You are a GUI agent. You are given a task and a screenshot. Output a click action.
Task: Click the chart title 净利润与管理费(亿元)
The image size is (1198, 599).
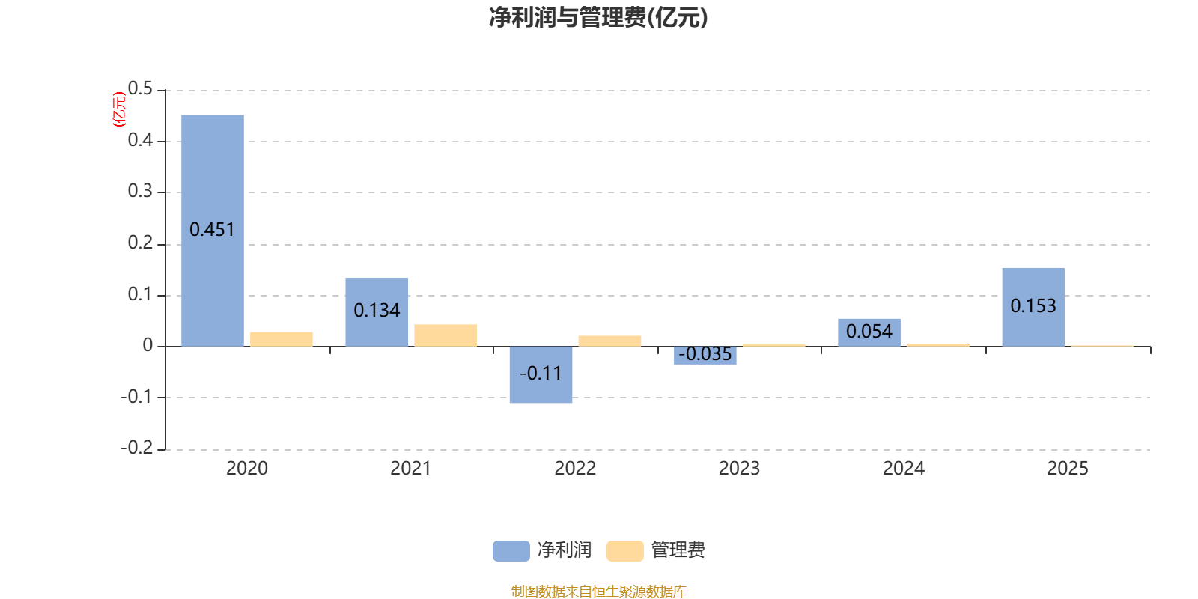(598, 18)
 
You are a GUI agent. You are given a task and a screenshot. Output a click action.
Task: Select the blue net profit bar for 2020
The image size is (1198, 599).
(213, 231)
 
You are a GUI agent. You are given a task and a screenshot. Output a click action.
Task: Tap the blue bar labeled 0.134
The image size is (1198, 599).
(377, 311)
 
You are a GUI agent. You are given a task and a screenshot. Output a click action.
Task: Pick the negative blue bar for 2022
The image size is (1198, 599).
(541, 374)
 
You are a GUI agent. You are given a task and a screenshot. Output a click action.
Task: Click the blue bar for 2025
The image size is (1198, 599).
(1033, 307)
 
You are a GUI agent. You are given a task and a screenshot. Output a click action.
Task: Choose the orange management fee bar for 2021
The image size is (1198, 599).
(446, 335)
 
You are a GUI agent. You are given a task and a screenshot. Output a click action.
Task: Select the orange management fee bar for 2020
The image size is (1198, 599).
(282, 339)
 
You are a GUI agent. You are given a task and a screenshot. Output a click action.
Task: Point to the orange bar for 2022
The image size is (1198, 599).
(609, 341)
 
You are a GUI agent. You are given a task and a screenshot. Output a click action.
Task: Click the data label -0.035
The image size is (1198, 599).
(705, 354)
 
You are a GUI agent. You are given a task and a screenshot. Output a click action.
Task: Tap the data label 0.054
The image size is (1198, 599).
(869, 332)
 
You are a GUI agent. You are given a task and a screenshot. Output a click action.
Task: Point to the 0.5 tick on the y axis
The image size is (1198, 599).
(140, 88)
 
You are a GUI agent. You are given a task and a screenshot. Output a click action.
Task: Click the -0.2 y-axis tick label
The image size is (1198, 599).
(137, 448)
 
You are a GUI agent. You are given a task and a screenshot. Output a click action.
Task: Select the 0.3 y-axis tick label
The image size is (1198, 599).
(140, 191)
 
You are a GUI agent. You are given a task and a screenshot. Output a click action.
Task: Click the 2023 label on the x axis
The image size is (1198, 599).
(739, 469)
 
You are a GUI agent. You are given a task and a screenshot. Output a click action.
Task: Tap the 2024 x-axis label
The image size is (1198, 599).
(903, 469)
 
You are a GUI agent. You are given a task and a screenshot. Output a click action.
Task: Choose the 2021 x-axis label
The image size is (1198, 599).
(411, 469)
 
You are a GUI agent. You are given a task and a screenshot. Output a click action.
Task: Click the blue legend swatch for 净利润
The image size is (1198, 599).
(511, 551)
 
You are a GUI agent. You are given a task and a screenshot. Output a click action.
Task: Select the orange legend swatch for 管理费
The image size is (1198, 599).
(624, 551)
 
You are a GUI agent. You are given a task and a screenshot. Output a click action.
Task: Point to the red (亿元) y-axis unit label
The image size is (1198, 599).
(119, 109)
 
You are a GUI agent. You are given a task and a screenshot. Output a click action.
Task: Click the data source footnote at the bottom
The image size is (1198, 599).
(598, 591)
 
